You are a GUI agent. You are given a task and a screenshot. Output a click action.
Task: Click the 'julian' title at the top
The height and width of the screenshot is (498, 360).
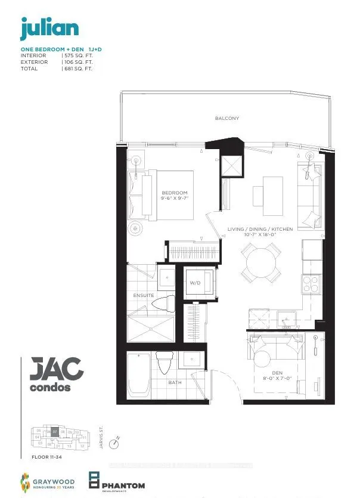click(49, 28)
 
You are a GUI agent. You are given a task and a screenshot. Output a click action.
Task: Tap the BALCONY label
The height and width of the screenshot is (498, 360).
click(227, 118)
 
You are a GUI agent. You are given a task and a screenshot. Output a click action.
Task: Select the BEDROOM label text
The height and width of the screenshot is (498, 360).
click(175, 193)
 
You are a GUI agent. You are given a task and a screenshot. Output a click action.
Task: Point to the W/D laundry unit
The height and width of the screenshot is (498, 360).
click(195, 283)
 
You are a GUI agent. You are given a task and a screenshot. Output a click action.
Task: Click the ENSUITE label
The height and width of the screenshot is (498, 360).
click(143, 295)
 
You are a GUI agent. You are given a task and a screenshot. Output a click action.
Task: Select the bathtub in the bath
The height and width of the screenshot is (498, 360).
click(139, 374)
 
